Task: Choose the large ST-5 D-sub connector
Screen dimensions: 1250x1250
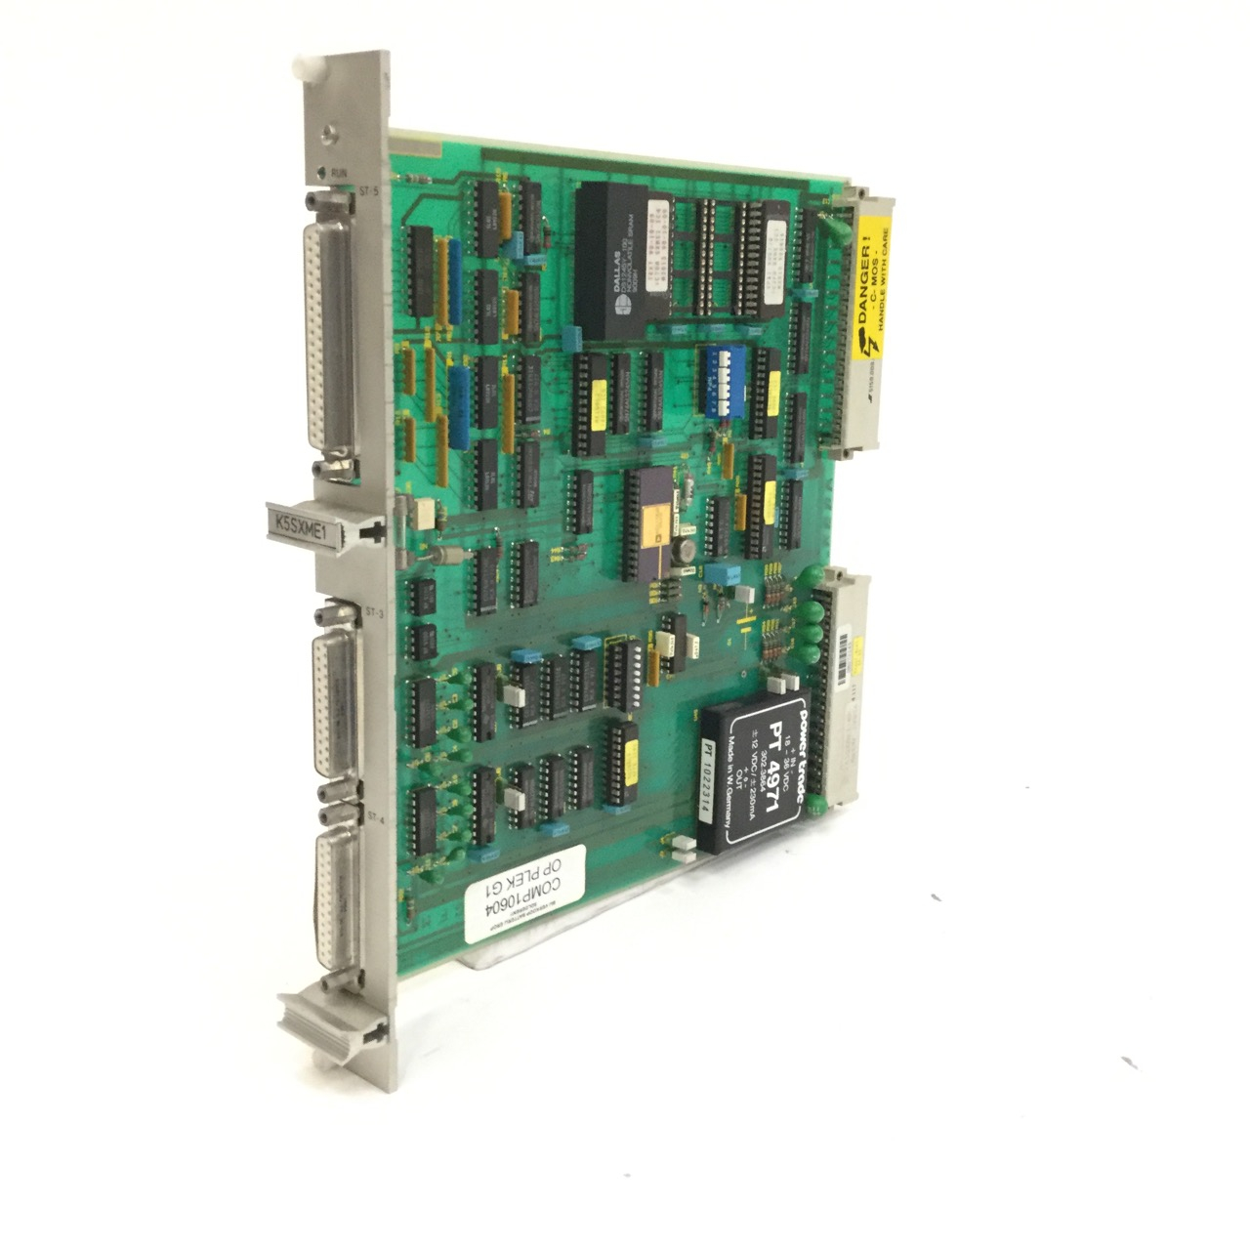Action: click(333, 336)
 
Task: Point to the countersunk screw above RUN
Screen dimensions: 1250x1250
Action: click(331, 136)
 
